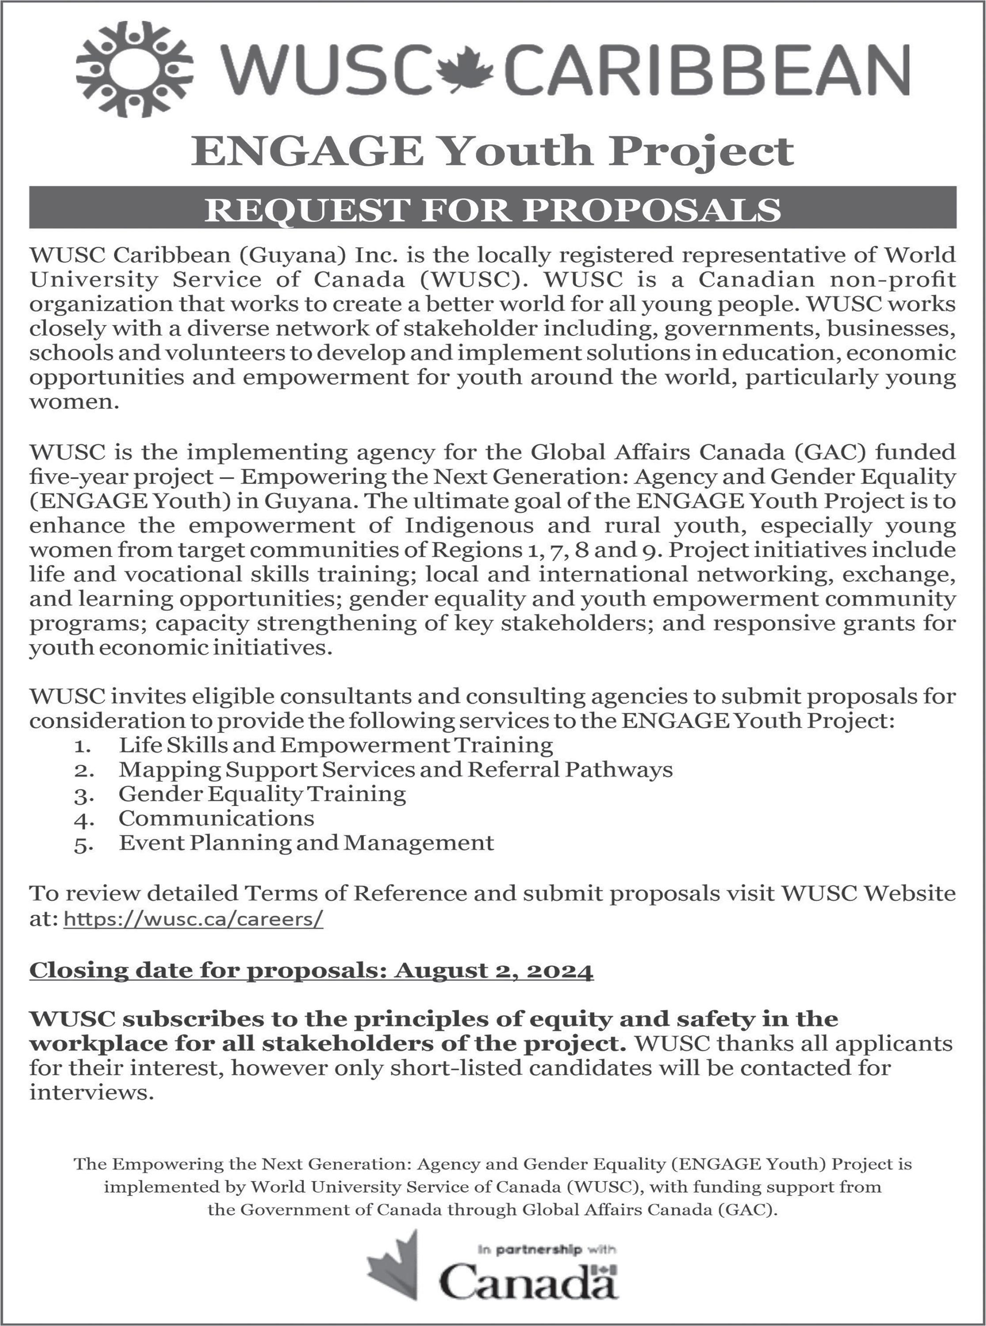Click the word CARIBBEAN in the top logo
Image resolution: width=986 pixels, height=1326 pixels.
tap(705, 70)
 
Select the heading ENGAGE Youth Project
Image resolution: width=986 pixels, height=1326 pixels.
tap(493, 151)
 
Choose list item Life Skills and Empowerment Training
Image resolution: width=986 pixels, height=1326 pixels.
tap(335, 745)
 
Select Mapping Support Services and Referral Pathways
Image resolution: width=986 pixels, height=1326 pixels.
tap(395, 770)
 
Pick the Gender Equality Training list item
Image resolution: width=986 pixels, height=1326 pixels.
tap(262, 794)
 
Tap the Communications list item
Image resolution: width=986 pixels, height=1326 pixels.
tap(216, 818)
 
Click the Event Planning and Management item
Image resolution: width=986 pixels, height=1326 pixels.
tap(306, 842)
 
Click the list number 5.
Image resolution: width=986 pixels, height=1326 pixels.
tap(81, 844)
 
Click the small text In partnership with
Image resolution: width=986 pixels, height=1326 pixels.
tap(547, 1249)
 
